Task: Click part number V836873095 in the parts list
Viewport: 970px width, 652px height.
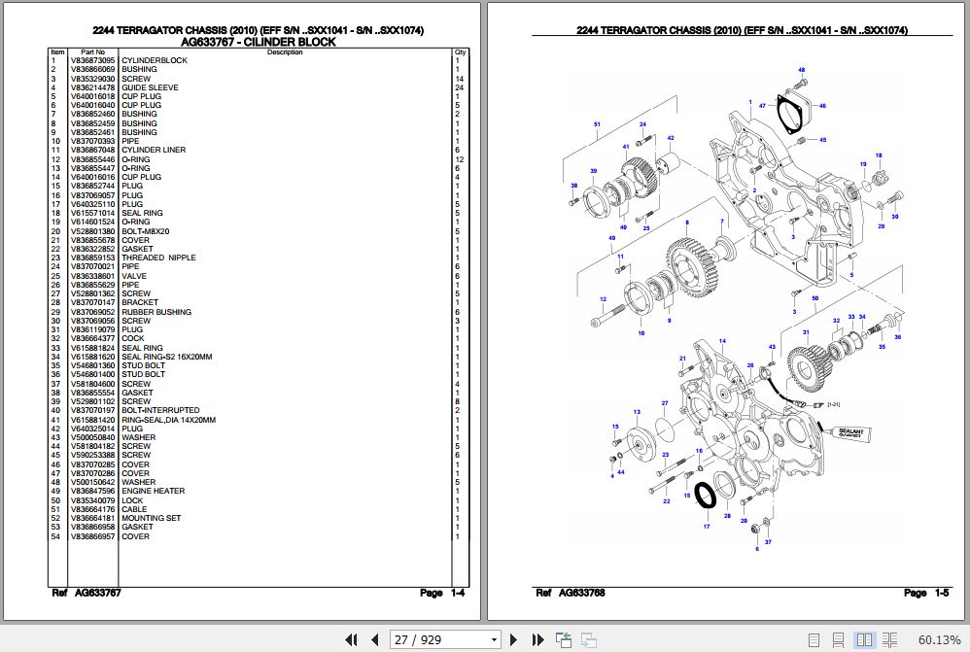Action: tap(92, 60)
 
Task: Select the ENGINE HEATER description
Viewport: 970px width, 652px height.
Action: tap(153, 492)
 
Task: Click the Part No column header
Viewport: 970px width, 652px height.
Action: tap(92, 51)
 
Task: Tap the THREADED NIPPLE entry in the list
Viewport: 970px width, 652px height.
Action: tap(158, 257)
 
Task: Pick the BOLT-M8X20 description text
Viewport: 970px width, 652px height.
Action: tap(146, 231)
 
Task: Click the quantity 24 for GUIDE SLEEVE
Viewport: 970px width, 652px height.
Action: tap(459, 87)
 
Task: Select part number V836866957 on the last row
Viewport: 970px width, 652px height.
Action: tap(92, 536)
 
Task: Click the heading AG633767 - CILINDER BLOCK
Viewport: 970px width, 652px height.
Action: tap(259, 42)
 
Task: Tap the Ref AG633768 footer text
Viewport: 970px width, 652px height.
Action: tap(572, 593)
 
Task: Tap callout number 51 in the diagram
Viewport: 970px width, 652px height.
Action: tap(597, 124)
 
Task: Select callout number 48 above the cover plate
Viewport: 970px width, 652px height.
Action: tap(802, 70)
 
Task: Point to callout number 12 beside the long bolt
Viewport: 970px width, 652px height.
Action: tap(603, 299)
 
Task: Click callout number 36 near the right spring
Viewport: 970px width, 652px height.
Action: tap(898, 337)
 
